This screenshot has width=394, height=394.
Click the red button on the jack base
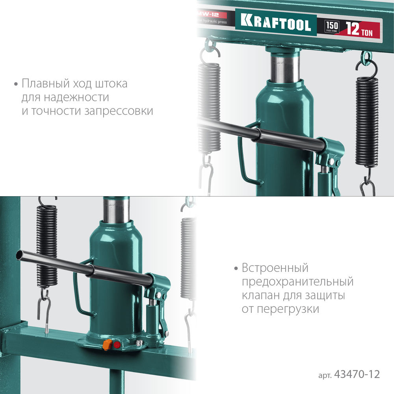[117, 345]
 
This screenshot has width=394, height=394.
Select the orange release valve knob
[106, 345]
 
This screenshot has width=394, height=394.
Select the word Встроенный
[275, 269]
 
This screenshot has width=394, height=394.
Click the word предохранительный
[297, 282]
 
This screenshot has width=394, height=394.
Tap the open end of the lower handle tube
[20, 255]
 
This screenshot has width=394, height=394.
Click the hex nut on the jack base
[139, 343]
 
